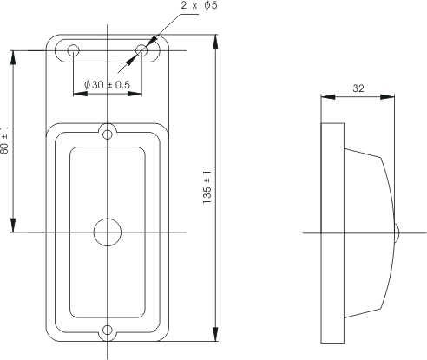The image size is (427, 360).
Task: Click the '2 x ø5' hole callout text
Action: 199,5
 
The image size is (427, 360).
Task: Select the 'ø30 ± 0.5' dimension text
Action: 107,85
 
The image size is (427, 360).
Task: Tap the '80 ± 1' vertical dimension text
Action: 5,141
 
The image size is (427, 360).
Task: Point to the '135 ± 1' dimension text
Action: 207,187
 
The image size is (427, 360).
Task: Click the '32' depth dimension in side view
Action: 358,88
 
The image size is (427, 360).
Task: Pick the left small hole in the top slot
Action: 74,50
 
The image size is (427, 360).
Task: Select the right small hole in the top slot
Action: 141,50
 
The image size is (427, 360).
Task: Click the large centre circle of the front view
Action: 108,232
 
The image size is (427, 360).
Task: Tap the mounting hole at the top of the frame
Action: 108,134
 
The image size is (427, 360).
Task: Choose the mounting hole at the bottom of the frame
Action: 108,330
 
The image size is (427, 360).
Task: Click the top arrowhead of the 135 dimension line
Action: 215,42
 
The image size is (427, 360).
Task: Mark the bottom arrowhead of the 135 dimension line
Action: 215,334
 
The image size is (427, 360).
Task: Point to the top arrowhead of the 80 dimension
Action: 13,57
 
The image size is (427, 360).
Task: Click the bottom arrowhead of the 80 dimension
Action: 13,226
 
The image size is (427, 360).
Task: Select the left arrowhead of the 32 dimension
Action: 328,97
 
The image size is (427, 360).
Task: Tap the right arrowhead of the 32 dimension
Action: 387,97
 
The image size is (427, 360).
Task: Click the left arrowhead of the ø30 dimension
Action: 81,94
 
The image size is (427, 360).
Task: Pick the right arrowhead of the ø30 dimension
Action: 135,94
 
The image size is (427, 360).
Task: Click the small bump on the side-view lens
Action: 397,232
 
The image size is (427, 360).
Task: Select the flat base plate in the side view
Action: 332,233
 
